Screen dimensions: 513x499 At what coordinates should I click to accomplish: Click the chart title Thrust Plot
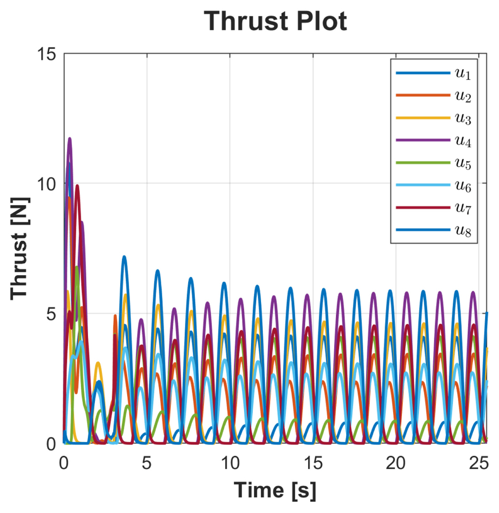(275, 22)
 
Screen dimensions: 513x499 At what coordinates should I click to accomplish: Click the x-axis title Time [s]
(275, 490)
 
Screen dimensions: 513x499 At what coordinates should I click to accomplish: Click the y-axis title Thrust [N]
(20, 248)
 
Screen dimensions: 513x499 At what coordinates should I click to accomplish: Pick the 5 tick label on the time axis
(146, 463)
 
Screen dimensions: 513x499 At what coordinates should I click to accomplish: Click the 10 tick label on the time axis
(230, 463)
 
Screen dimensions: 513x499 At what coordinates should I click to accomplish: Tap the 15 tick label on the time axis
(313, 463)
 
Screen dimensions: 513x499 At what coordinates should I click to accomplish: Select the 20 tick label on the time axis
(396, 463)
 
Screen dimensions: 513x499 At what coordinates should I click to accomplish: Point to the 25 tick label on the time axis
(479, 463)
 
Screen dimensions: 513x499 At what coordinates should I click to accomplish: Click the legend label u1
(463, 74)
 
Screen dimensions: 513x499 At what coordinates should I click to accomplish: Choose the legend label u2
(463, 96)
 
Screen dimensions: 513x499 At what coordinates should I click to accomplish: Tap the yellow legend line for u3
(423, 118)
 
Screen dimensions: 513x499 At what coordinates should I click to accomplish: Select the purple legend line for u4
(423, 140)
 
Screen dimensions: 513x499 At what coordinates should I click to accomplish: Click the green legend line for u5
(423, 163)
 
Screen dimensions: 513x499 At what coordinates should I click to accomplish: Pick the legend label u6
(463, 186)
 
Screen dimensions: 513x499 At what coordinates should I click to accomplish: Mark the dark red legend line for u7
(423, 207)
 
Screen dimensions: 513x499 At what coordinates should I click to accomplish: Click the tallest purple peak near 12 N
(70, 139)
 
